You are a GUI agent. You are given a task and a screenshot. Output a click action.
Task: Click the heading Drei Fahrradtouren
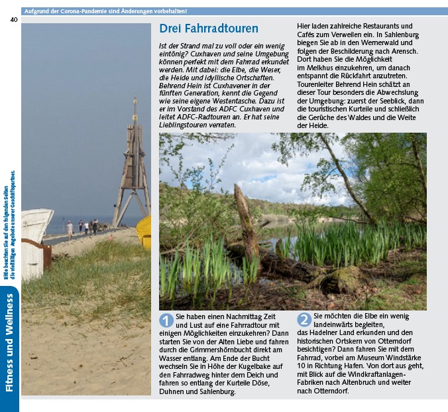(209, 29)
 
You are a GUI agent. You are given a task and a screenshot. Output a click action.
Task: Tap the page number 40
(13, 19)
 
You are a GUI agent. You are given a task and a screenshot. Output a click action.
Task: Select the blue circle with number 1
(166, 320)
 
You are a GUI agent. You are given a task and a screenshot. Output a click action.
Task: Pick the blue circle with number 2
(304, 320)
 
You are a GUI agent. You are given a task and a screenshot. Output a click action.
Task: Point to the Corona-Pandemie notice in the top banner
(105, 11)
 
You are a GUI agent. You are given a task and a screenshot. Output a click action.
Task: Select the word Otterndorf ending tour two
(331, 391)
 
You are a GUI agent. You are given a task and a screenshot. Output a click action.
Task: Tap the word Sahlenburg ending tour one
(214, 392)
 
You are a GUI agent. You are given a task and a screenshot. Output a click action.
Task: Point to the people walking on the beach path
(85, 228)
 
